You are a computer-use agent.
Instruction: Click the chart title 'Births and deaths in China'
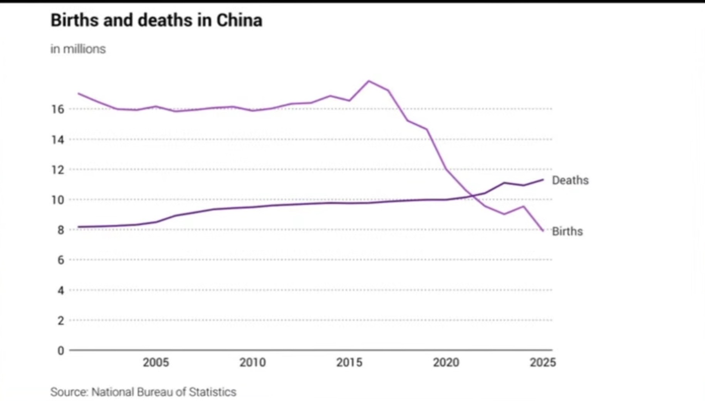(156, 20)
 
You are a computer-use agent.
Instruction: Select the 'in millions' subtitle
(78, 49)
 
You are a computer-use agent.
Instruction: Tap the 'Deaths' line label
(570, 180)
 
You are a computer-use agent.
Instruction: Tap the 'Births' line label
(567, 232)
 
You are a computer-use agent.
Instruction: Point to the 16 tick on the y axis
(58, 109)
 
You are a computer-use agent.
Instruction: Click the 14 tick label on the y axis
(58, 139)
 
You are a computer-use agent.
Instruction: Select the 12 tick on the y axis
(58, 170)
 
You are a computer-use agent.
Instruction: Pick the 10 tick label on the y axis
(58, 200)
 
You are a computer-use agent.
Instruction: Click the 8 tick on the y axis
(60, 230)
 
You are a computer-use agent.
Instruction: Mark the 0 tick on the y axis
(60, 351)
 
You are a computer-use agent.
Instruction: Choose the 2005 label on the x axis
(156, 362)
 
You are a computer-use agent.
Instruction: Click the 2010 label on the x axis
(252, 362)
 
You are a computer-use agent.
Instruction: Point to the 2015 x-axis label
(349, 362)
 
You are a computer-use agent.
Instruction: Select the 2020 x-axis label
(446, 362)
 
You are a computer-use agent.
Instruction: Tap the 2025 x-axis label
(542, 362)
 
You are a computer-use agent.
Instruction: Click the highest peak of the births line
(369, 81)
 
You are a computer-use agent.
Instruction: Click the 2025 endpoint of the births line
(543, 231)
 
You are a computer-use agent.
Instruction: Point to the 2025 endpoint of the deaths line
(543, 180)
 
